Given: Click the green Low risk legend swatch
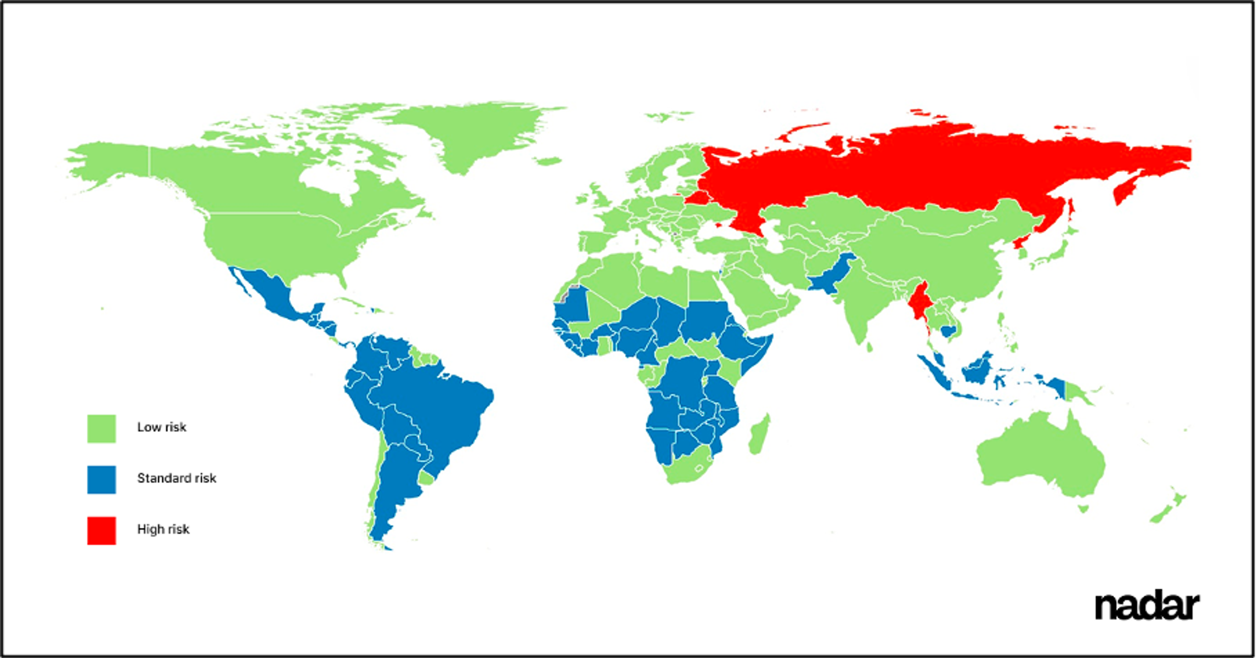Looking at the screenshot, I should pos(101,429).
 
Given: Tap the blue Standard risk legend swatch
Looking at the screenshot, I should pos(101,480).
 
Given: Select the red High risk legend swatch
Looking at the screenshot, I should pos(101,530).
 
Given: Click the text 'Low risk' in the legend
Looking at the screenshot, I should pos(161,427).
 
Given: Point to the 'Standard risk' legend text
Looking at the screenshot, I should pos(177,478).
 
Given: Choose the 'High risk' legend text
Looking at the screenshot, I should pos(163,529).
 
